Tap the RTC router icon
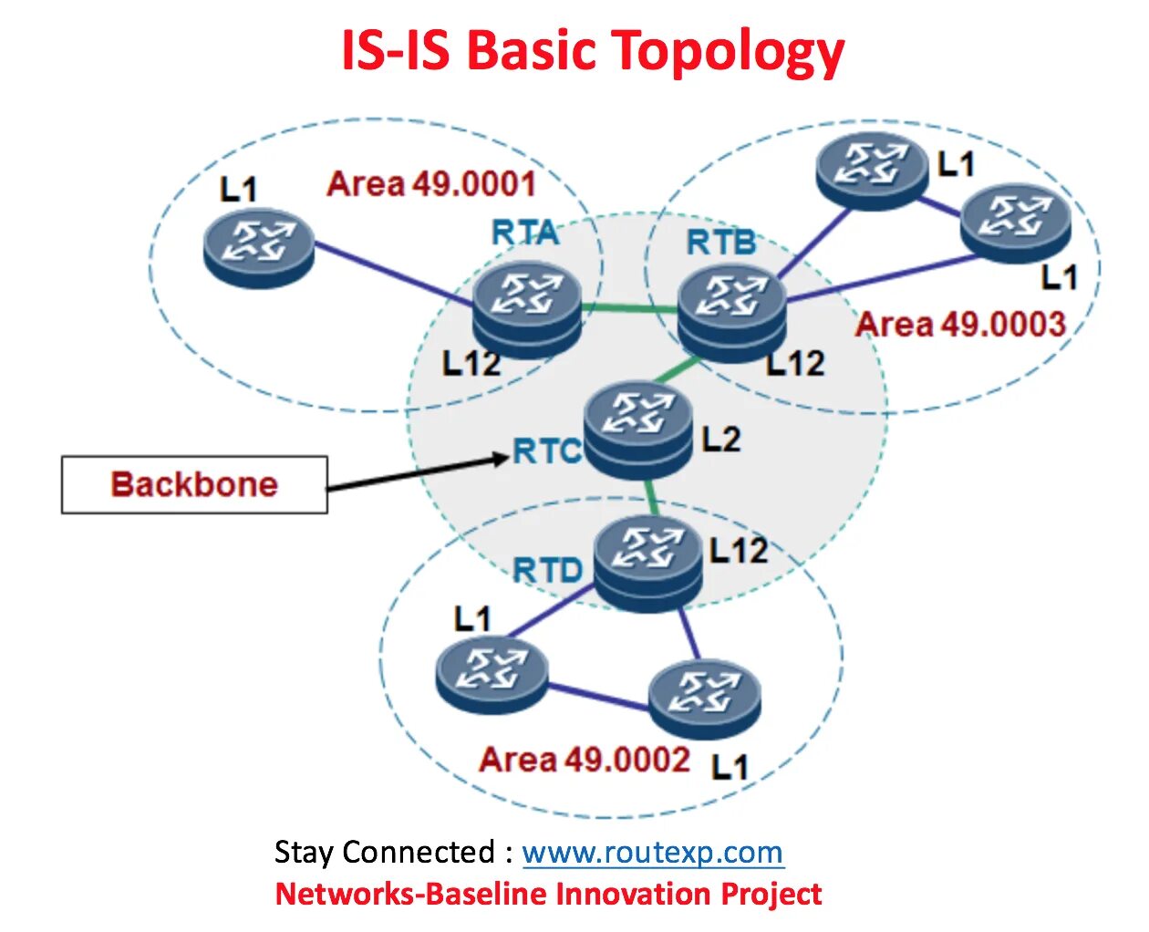[638, 427]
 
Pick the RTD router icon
[648, 561]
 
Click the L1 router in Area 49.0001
[259, 247]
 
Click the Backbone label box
[194, 484]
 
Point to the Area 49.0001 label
[430, 184]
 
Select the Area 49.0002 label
[584, 759]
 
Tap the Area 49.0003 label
[960, 324]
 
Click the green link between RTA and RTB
[630, 309]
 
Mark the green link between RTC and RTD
[650, 498]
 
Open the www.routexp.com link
[652, 853]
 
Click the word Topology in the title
[728, 51]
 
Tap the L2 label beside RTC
[720, 440]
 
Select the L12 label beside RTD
[738, 550]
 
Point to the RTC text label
[546, 450]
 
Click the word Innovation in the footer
[635, 894]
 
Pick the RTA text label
[525, 233]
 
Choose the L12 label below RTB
[795, 364]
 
